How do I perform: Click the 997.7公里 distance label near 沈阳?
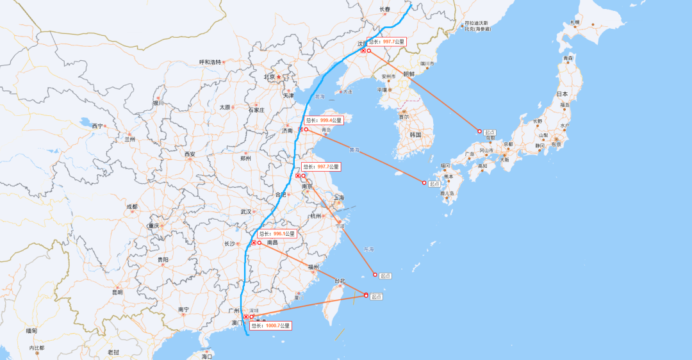(x=387, y=42)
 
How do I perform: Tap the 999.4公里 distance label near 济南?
(x=324, y=120)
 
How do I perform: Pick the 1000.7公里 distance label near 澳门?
(x=269, y=326)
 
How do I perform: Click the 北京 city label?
(x=269, y=77)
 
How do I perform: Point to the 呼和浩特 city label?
(x=210, y=62)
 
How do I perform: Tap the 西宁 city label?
(x=97, y=126)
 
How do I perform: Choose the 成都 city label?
(x=131, y=206)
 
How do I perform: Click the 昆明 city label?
(x=117, y=292)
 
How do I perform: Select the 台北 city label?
(x=339, y=281)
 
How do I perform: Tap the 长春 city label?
(x=384, y=9)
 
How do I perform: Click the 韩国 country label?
(x=415, y=135)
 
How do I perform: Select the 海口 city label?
(x=206, y=356)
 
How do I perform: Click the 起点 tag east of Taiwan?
(x=376, y=297)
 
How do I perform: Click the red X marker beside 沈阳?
(x=363, y=51)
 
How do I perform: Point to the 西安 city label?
(x=190, y=154)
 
